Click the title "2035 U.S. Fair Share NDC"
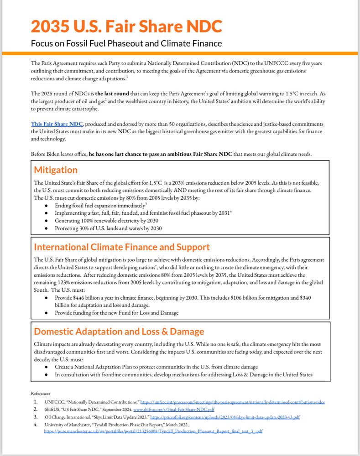point(126,26)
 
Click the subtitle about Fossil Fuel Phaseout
point(126,44)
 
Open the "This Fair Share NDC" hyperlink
point(57,124)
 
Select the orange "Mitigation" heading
point(56,170)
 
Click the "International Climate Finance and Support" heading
point(122,247)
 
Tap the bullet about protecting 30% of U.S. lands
point(108,228)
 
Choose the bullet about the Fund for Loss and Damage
point(116,313)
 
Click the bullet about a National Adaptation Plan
point(156,367)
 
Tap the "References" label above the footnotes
point(41,393)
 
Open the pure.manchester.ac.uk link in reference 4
point(153,431)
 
